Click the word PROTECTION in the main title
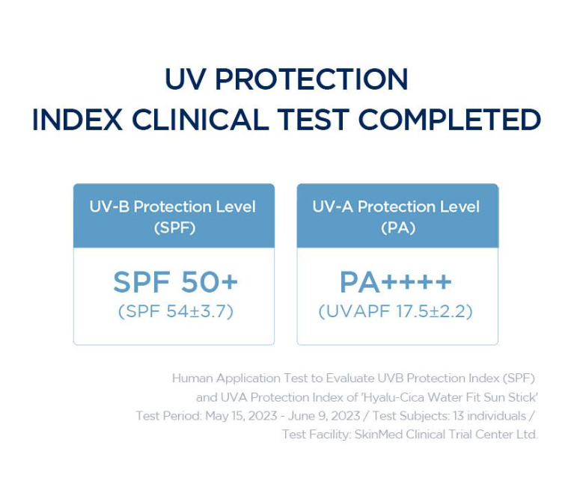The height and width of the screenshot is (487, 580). point(311,79)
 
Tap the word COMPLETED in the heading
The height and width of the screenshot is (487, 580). point(450,120)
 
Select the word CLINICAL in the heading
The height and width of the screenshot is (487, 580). point(201,120)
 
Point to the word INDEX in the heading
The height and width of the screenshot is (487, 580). point(77,120)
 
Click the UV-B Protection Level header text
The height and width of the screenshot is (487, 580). point(172,206)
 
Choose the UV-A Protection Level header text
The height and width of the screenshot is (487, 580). point(396,206)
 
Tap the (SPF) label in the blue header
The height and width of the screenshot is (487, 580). point(174,227)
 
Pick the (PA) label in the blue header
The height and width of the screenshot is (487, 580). point(398,227)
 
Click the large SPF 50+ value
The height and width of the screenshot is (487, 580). point(175,282)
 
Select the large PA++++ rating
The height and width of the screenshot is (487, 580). point(395,282)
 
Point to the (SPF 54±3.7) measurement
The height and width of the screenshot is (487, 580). point(176,311)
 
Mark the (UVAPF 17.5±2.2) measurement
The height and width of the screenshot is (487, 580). point(395,311)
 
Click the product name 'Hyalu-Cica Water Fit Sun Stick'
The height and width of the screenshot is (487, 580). point(449,397)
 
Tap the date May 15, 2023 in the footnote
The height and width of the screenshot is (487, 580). point(241,416)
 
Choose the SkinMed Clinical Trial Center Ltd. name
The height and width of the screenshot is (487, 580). point(446,434)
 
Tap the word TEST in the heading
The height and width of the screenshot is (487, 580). point(314,120)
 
